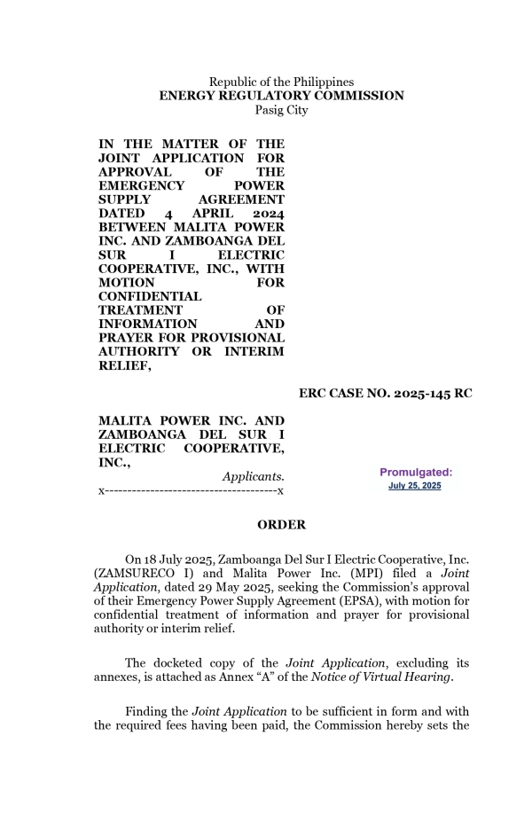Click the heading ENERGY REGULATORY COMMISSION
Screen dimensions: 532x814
click(x=281, y=96)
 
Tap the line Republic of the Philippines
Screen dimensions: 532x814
click(x=281, y=82)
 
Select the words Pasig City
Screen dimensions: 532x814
click(x=281, y=110)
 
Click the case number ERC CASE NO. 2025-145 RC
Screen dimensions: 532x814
click(x=385, y=394)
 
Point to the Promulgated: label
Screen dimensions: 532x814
click(x=416, y=473)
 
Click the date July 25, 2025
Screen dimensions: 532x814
click(x=415, y=486)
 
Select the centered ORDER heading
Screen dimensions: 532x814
click(x=281, y=525)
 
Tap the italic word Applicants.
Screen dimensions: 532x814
click(x=254, y=477)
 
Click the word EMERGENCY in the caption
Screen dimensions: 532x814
click(x=141, y=186)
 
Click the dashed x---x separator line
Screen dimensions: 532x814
click(x=191, y=490)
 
